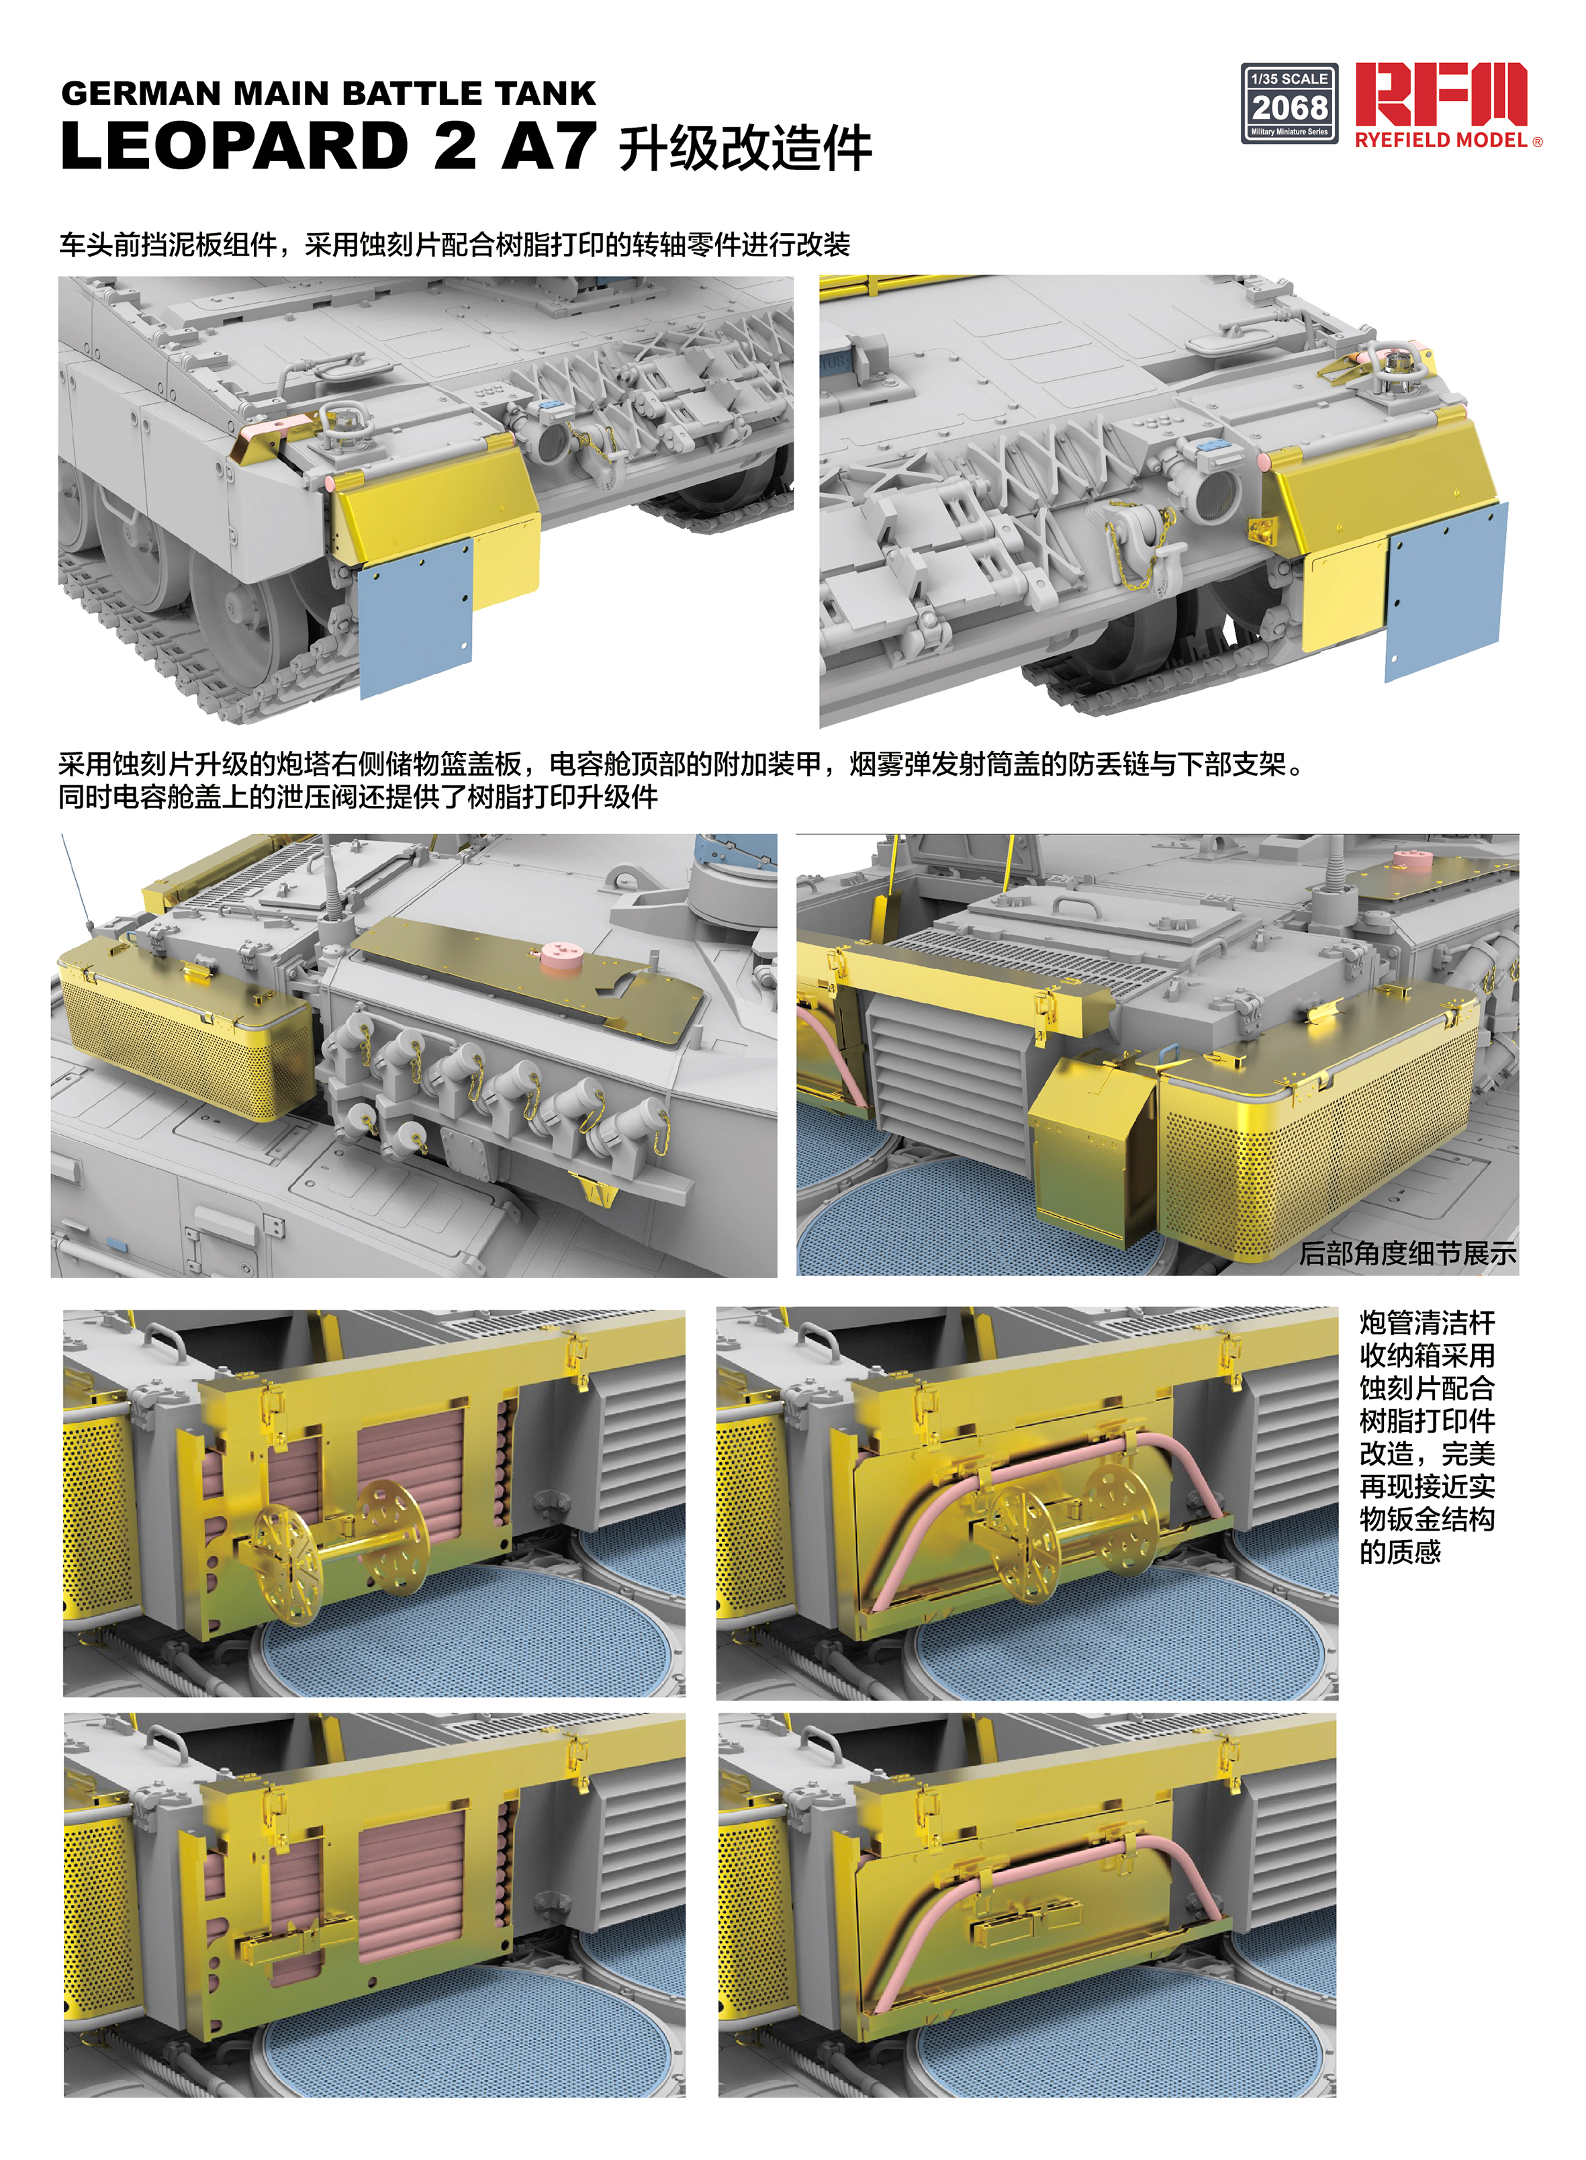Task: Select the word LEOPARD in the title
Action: tap(235, 146)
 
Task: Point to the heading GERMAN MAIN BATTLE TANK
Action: tap(328, 93)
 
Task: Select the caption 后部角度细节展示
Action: tap(1407, 1253)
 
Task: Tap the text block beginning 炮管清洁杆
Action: tap(1427, 1438)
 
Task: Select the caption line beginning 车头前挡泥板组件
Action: tap(454, 245)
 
